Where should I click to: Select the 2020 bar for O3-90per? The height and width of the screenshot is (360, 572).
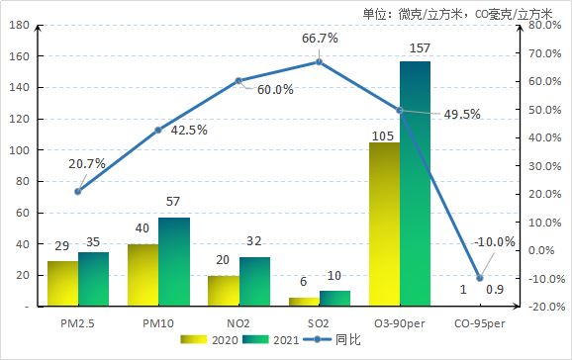click(x=384, y=225)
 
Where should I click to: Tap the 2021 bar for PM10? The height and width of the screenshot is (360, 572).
click(x=174, y=262)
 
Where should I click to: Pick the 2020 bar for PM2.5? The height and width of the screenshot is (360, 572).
click(x=62, y=284)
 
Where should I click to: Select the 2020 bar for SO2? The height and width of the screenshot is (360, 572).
click(x=304, y=302)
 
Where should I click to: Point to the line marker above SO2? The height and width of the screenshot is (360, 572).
click(x=320, y=61)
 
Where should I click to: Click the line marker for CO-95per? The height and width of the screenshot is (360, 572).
click(x=480, y=278)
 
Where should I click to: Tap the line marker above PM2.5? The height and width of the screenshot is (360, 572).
click(x=78, y=191)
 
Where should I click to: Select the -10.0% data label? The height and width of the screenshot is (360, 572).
click(x=495, y=242)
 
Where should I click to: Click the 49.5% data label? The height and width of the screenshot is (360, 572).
click(x=462, y=115)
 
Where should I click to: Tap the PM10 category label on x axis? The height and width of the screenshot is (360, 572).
click(x=158, y=322)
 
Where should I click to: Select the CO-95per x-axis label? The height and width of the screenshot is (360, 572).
click(x=480, y=322)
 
